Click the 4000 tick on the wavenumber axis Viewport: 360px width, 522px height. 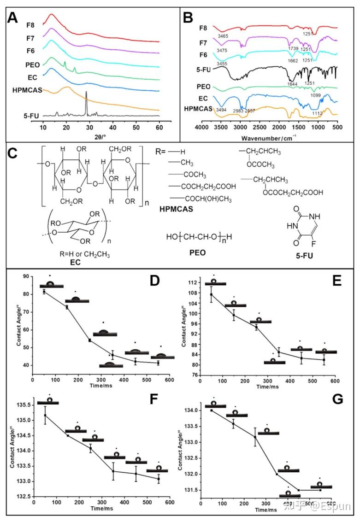coord(202,127)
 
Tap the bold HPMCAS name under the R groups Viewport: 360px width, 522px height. coord(177,209)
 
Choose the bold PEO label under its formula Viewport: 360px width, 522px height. coord(197,253)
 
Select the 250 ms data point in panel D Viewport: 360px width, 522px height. coord(89,340)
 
